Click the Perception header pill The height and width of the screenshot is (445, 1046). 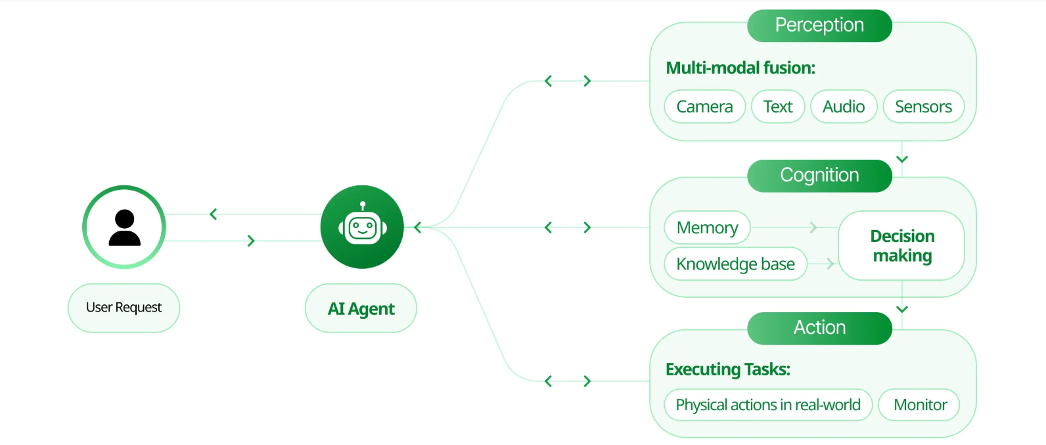[819, 26]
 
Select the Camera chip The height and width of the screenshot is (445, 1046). [704, 106]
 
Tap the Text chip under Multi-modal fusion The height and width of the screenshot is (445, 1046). [778, 106]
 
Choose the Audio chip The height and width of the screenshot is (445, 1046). [844, 106]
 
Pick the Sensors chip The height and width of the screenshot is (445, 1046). [923, 106]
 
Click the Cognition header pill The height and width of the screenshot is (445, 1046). [819, 176]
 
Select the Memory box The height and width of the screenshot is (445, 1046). [707, 227]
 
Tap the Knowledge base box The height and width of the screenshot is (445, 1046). [735, 264]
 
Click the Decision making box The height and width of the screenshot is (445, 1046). [901, 245]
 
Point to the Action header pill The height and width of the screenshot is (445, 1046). [819, 328]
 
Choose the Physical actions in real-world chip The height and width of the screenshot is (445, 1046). [767, 405]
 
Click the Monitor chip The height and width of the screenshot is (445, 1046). [920, 405]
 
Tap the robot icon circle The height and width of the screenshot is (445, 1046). [362, 227]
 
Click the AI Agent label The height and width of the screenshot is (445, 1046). [361, 308]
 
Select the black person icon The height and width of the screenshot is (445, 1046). [124, 227]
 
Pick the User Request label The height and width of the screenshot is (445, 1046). [124, 308]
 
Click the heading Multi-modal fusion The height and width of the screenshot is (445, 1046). [740, 68]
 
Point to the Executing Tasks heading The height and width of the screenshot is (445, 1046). [727, 369]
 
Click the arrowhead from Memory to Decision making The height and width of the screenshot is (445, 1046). [813, 227]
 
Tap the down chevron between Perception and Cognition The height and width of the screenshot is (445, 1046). [902, 159]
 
